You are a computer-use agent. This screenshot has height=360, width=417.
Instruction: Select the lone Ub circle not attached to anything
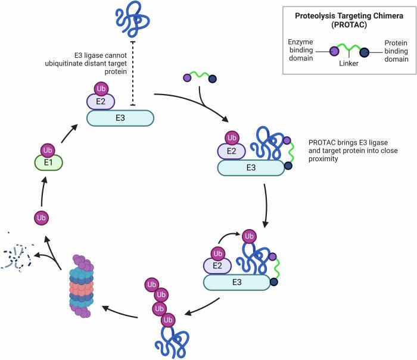[x=41, y=218]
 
